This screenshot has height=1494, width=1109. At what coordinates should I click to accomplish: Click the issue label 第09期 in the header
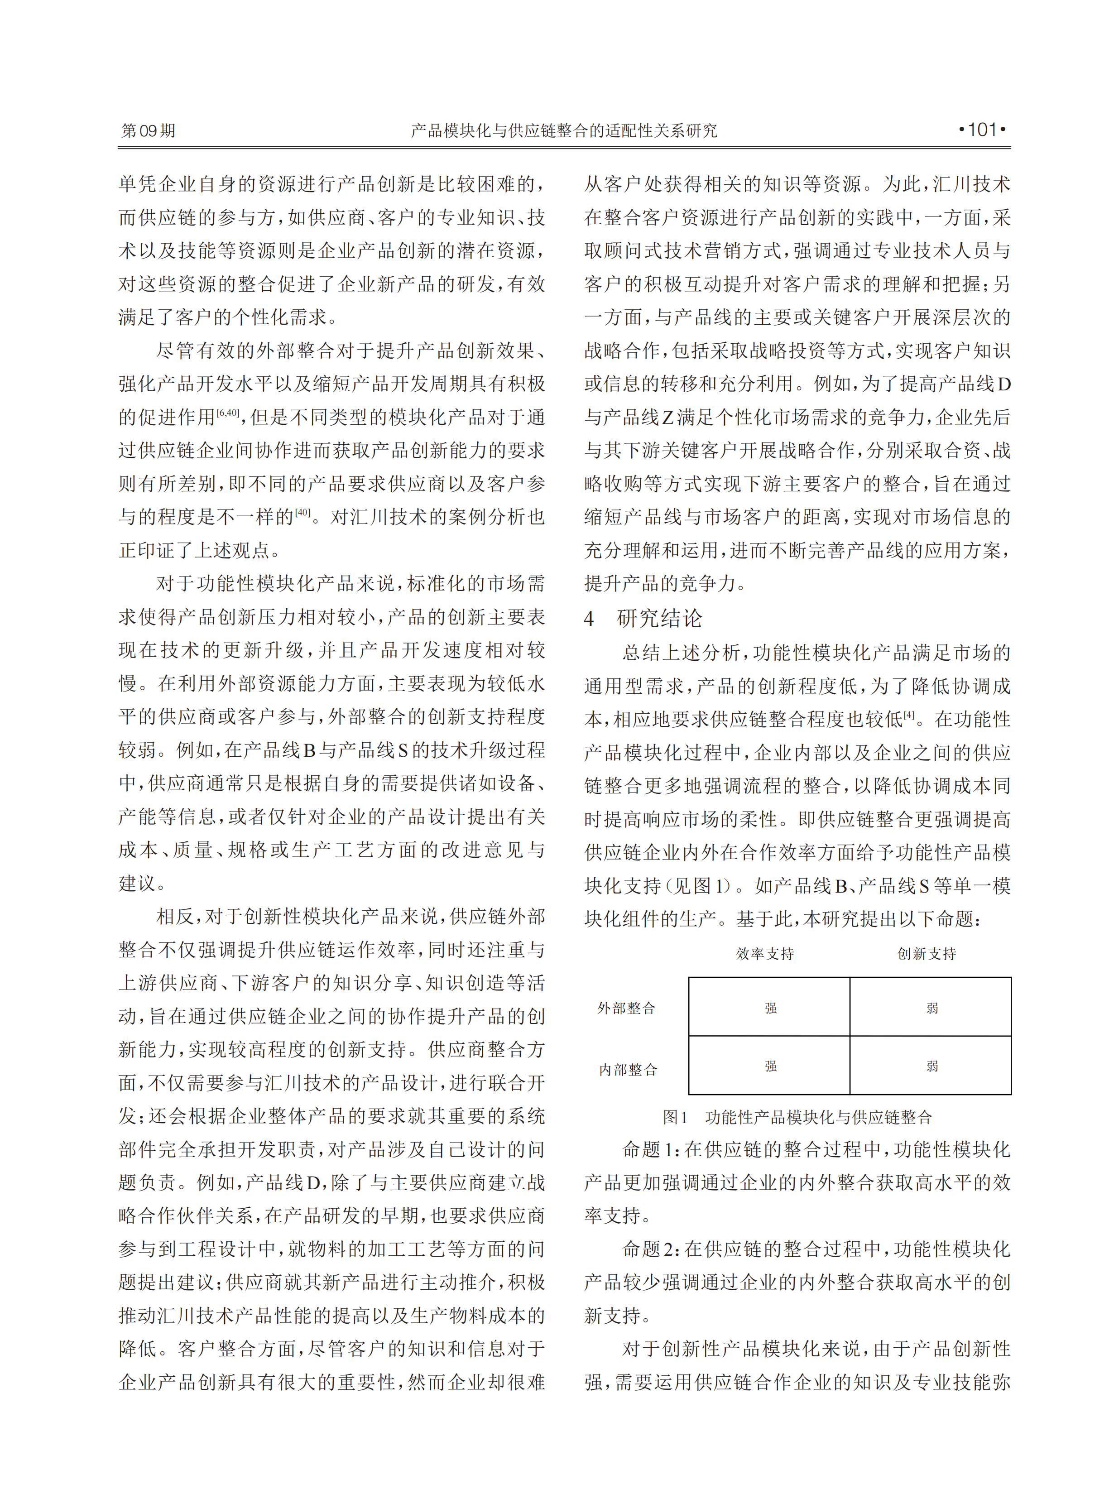tap(148, 130)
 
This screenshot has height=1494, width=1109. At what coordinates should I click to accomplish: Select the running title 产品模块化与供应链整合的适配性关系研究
tap(563, 130)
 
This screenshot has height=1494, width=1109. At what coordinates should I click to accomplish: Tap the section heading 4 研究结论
tap(643, 618)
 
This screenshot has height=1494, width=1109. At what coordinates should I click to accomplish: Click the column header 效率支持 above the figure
tap(765, 954)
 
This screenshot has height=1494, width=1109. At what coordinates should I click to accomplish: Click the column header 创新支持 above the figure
tap(927, 954)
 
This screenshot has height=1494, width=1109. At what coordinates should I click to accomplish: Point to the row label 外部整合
tap(626, 1008)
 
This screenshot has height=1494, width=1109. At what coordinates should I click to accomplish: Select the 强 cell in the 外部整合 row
tap(770, 1008)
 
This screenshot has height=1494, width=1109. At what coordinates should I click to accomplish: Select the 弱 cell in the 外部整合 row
tap(932, 1008)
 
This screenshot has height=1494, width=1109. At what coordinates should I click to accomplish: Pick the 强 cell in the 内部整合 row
tap(770, 1066)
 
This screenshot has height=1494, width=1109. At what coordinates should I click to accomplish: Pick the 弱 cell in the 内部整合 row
tap(932, 1066)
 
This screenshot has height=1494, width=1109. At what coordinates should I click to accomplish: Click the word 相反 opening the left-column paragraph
tap(175, 917)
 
